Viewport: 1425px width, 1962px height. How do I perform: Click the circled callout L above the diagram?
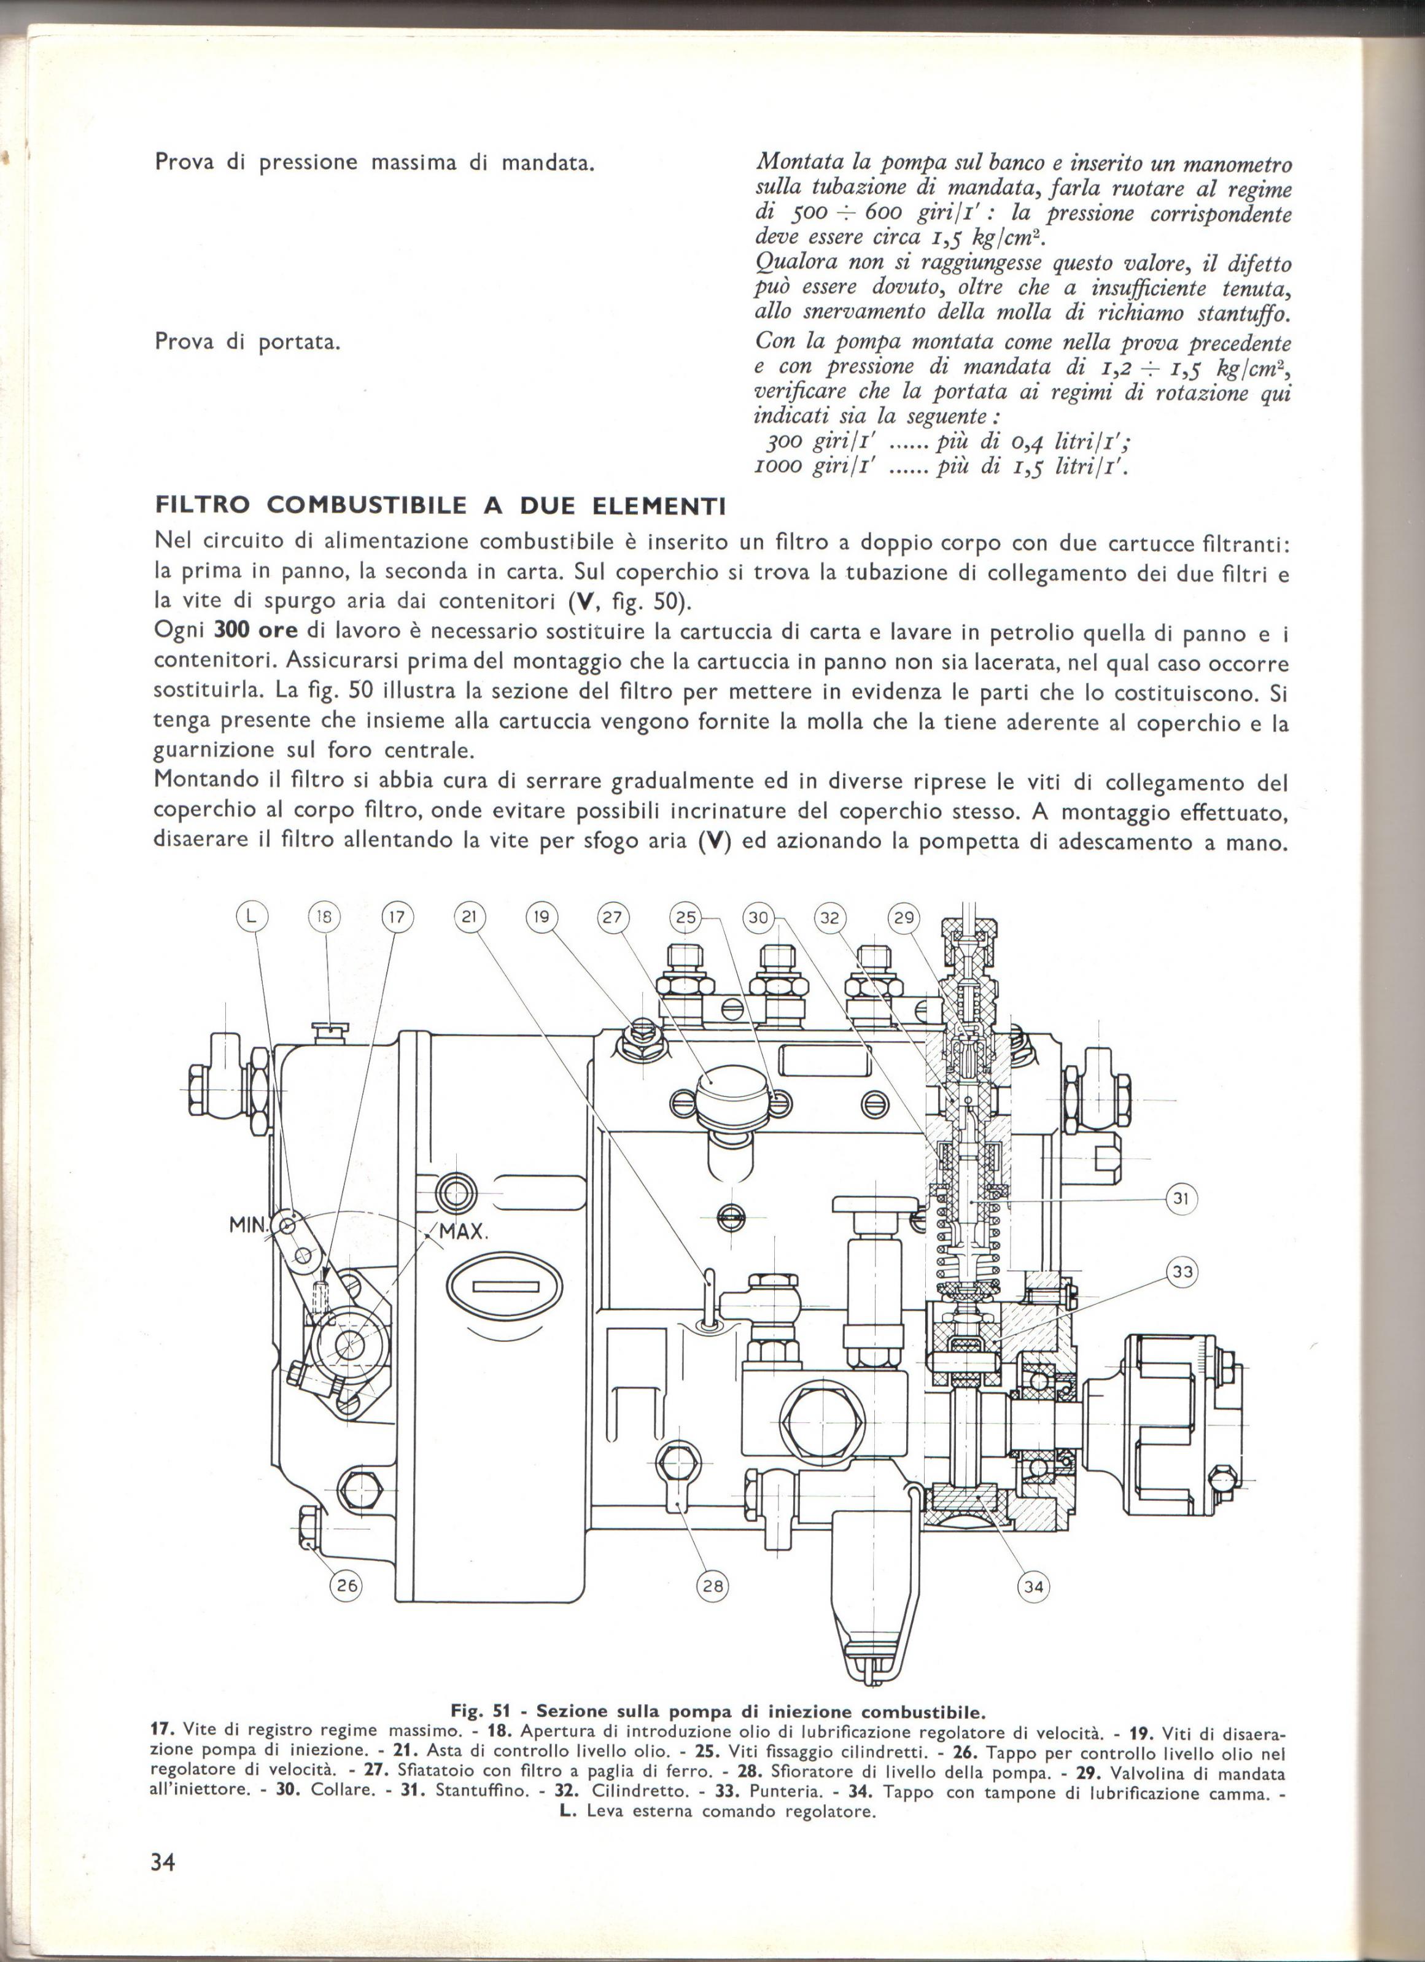coord(252,918)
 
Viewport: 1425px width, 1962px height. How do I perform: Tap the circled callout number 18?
coord(325,918)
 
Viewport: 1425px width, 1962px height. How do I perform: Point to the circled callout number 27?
coord(613,918)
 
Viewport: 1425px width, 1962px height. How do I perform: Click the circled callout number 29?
coord(903,918)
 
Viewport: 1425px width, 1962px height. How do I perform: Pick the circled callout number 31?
coord(1180,1199)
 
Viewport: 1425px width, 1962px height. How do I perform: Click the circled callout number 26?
coord(347,1586)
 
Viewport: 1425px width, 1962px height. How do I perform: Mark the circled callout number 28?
coord(712,1586)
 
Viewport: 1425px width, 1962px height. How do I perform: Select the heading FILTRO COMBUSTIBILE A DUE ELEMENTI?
coord(440,505)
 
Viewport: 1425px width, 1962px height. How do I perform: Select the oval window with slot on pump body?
coord(505,1286)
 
